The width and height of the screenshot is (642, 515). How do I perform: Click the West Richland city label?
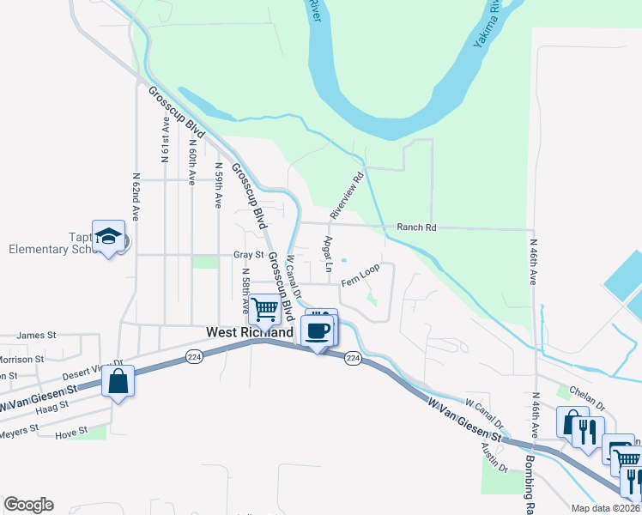tap(249, 331)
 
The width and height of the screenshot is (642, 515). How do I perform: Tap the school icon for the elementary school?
tap(109, 237)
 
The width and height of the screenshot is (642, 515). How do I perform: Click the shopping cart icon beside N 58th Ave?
tap(266, 306)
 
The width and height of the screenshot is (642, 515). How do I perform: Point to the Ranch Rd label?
tap(417, 227)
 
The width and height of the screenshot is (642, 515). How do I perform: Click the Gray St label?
tap(248, 255)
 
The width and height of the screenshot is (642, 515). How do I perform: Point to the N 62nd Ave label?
tap(136, 196)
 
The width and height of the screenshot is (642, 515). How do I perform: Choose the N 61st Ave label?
tap(164, 142)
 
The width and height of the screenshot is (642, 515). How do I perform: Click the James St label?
tap(35, 335)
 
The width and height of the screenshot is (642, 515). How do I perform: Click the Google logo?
tap(28, 505)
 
